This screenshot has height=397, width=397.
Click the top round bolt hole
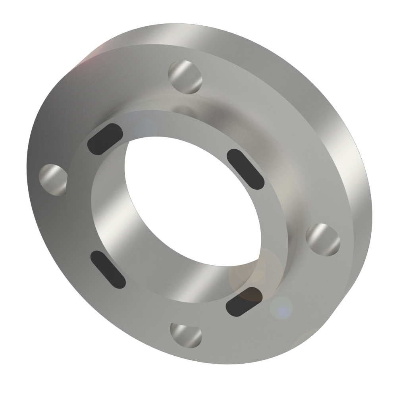point(185,76)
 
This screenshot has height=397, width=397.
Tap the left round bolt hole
point(54,179)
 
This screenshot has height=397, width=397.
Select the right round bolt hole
point(324,239)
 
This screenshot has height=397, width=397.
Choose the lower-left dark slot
point(108,269)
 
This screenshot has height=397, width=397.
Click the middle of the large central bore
point(191,198)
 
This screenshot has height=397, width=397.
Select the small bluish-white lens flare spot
point(281,307)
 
